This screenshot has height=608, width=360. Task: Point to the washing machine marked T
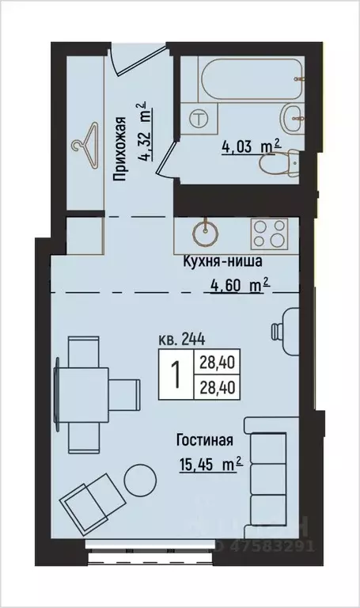201,118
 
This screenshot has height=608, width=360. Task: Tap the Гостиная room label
205,440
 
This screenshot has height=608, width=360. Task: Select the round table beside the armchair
142,479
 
